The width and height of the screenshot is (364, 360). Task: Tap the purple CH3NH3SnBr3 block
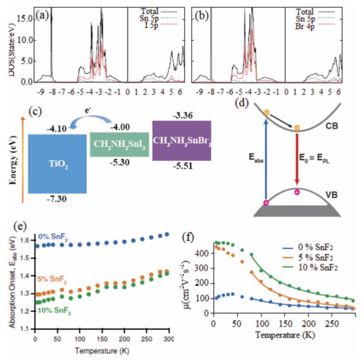point(183,140)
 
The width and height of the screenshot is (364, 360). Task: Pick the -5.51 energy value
point(183,171)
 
